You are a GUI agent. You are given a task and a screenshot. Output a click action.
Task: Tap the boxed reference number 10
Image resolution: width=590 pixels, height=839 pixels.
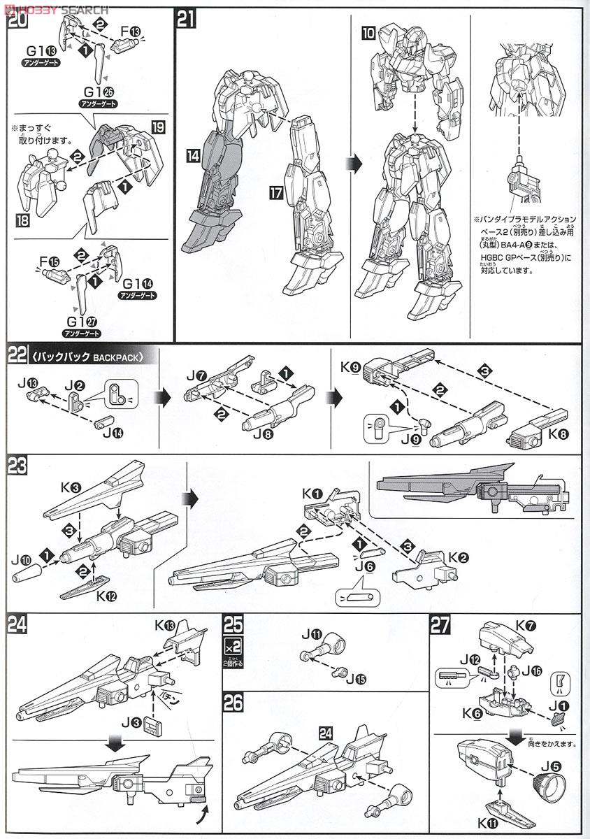click(368, 33)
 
